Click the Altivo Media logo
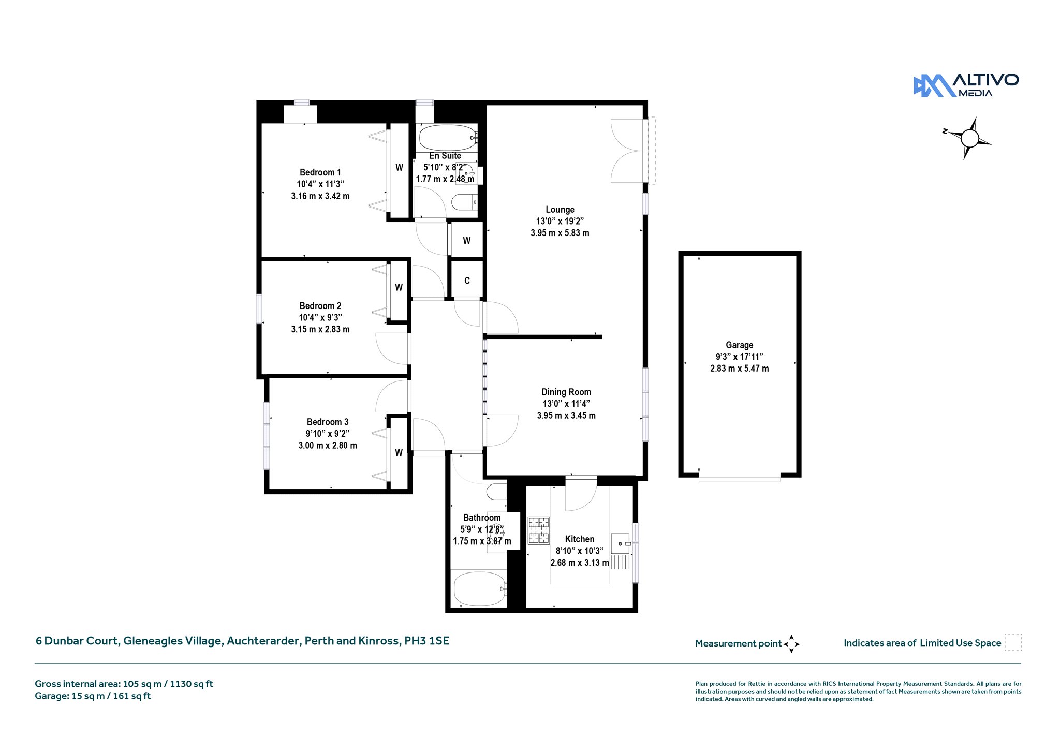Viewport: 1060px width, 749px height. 966,85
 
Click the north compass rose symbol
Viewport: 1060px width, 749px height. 969,138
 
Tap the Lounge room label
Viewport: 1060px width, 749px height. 560,210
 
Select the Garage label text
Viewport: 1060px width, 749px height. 739,345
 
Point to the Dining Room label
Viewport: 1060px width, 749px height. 566,392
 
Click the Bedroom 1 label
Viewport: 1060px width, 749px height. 320,172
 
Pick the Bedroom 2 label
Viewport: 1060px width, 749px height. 320,306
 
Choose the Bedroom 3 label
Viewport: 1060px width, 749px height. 328,422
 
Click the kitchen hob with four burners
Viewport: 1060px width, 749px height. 538,531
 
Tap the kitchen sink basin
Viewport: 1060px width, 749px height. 621,544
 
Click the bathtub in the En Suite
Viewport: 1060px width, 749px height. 447,138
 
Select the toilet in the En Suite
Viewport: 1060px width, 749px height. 464,202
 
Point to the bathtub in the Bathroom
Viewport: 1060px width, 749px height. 480,589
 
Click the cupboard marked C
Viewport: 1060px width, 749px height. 467,281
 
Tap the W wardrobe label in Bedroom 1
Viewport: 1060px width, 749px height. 400,168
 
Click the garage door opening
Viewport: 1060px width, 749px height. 739,477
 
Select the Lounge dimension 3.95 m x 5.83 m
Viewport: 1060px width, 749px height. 560,233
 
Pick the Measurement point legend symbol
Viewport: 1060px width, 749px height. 791,644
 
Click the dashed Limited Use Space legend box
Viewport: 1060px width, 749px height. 1013,642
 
